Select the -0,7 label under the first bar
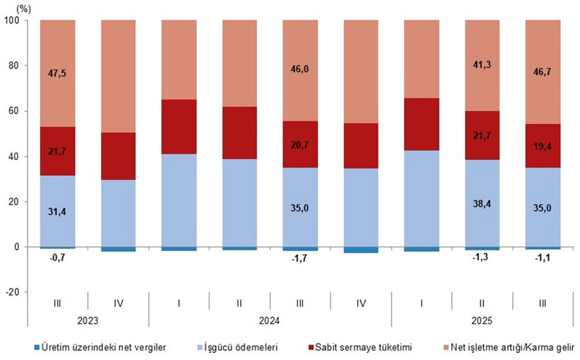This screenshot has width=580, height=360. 57,258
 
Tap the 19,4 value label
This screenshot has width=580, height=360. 543,146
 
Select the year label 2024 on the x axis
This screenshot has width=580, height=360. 270,319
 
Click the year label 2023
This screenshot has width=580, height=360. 88,319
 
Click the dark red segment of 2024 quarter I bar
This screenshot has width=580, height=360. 179,127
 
